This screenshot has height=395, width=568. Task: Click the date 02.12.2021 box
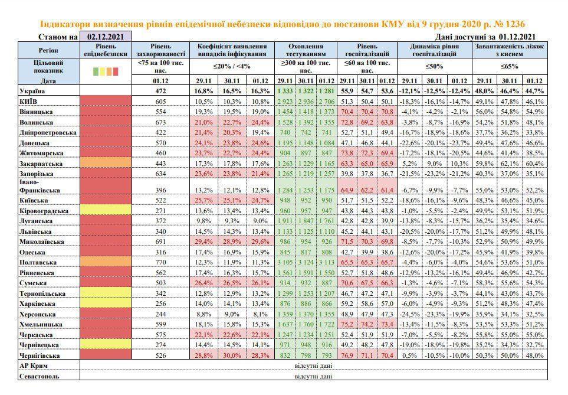[x=106, y=36]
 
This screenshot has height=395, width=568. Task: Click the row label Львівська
[x=35, y=231]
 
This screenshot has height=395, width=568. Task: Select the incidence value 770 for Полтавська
[x=161, y=262]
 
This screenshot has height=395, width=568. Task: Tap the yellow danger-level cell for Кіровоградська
[x=106, y=210]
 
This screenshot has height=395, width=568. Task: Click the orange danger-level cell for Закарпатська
[x=106, y=162]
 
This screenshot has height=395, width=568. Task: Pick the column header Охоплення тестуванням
[x=306, y=50]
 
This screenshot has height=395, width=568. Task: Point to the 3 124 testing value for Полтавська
[x=306, y=262]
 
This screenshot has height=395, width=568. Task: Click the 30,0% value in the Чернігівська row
[x=232, y=355]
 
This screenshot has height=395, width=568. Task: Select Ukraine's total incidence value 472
[x=161, y=91]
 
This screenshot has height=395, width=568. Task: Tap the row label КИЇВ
[x=28, y=102]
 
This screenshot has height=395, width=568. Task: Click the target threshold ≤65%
[x=510, y=66]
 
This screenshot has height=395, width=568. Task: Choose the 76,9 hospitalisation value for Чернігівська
[x=347, y=355]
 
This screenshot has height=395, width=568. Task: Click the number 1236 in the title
[x=514, y=24]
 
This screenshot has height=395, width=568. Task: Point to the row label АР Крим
[x=34, y=365]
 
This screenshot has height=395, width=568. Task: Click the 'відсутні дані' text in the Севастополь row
[x=313, y=376]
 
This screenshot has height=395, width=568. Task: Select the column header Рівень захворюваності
[x=161, y=50]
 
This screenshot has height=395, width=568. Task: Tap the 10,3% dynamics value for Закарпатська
[x=459, y=164]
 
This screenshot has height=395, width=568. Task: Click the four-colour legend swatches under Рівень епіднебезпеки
[x=106, y=71]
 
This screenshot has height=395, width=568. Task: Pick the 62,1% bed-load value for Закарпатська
[x=510, y=164]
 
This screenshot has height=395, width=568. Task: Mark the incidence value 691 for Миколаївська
[x=161, y=241]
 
